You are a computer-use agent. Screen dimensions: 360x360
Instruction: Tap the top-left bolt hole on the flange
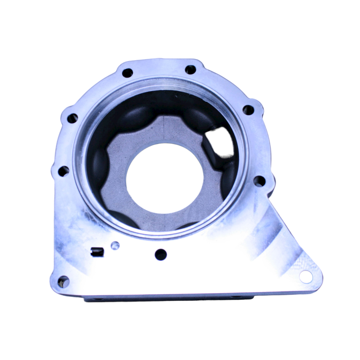[127, 73]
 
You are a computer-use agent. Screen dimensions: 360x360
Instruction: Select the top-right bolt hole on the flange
[190, 69]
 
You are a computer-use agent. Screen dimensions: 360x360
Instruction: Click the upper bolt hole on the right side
[248, 110]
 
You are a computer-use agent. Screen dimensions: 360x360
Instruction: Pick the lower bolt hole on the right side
[260, 181]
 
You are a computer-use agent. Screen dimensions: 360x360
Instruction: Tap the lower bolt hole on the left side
[63, 171]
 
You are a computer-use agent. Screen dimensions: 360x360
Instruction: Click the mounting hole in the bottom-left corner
[63, 281]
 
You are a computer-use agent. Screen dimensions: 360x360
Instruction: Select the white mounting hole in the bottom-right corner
[305, 277]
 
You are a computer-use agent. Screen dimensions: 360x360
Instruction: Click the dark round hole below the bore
[160, 254]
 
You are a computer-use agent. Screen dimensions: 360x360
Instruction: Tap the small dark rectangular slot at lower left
[96, 251]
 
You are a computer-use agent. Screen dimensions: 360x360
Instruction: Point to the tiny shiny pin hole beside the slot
[115, 246]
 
